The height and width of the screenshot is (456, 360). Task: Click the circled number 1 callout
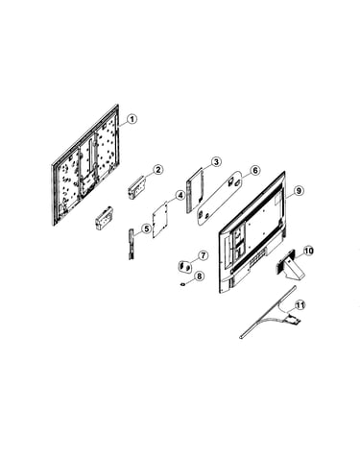[x=132, y=119]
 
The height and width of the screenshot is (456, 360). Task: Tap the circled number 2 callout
[x=158, y=169]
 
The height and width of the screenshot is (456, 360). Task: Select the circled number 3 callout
[x=217, y=162]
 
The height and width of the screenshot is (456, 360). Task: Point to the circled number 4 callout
[x=180, y=195]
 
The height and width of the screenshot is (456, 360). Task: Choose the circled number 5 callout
[x=147, y=228]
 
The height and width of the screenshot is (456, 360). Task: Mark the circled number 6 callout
[x=254, y=170]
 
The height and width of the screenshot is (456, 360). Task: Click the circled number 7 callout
[x=203, y=255]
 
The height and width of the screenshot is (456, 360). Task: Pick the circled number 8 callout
[x=199, y=276]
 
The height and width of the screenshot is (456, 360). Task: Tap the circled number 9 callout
[x=298, y=191]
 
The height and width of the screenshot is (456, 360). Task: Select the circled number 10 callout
[x=308, y=252]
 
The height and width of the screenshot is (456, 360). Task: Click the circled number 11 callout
[x=300, y=305]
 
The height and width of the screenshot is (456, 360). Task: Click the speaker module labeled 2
[x=137, y=189]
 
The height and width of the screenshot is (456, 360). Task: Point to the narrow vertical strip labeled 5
[x=132, y=244]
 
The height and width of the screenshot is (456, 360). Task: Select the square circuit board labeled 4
[x=161, y=219]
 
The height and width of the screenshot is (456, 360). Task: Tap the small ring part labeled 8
[x=183, y=284]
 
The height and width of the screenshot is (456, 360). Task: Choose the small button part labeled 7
[x=184, y=266]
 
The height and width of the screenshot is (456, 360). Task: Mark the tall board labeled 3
[x=195, y=190]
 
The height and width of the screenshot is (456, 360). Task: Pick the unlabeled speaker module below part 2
[x=104, y=218]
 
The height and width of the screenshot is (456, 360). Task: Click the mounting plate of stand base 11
[x=294, y=319]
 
